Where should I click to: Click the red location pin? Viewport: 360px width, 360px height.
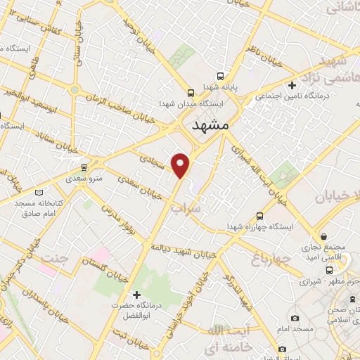click(182, 165)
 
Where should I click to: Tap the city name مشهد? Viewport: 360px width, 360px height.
click(210, 124)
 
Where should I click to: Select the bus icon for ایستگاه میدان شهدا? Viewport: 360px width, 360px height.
click(191, 93)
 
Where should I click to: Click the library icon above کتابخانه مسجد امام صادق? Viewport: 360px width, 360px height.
click(39, 193)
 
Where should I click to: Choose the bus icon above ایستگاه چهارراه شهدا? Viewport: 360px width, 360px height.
click(260, 216)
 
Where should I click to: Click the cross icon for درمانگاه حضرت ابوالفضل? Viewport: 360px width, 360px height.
click(137, 294)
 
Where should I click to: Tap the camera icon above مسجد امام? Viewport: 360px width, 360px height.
click(282, 349)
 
